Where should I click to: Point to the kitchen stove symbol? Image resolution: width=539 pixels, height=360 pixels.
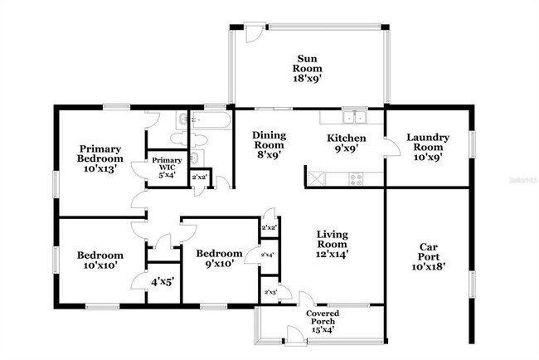pyautogui.click(x=357, y=178)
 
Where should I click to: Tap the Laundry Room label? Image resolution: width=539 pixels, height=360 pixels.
pyautogui.click(x=428, y=143)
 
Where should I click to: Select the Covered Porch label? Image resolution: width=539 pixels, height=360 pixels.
pyautogui.click(x=322, y=318)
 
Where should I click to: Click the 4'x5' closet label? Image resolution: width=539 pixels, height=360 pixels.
pyautogui.click(x=162, y=282)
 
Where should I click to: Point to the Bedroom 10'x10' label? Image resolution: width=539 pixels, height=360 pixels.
pyautogui.click(x=100, y=260)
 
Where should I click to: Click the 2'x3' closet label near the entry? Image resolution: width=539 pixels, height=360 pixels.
pyautogui.click(x=269, y=292)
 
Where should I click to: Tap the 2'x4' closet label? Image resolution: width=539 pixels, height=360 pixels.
pyautogui.click(x=268, y=255)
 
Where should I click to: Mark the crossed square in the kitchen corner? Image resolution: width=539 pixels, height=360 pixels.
pyautogui.click(x=316, y=177)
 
